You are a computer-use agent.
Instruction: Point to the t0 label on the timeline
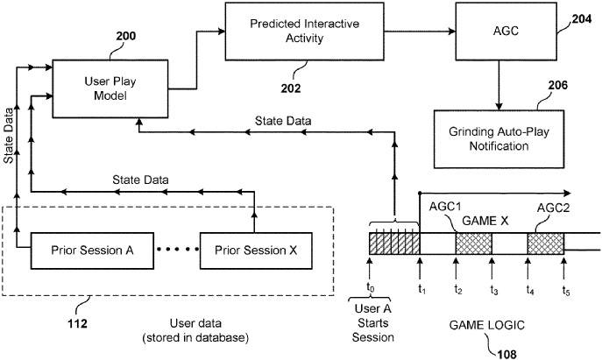point(370,286)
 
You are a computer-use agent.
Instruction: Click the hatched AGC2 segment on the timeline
point(545,244)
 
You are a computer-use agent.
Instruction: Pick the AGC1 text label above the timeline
point(447,208)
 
